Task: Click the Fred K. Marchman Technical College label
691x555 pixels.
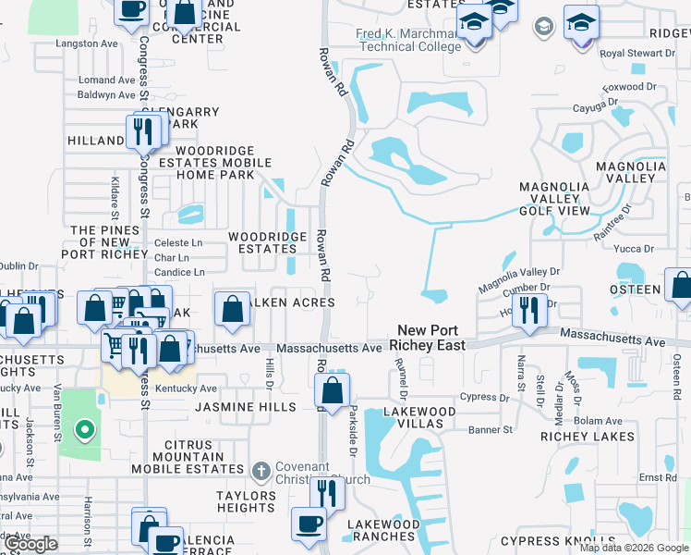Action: click(408, 41)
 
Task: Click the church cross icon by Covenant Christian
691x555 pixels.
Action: click(261, 472)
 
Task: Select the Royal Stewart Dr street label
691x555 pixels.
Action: click(637, 54)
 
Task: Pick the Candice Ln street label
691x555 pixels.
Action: click(180, 273)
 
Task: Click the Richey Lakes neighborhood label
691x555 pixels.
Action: click(588, 437)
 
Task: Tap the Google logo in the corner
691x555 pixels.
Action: click(30, 544)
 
